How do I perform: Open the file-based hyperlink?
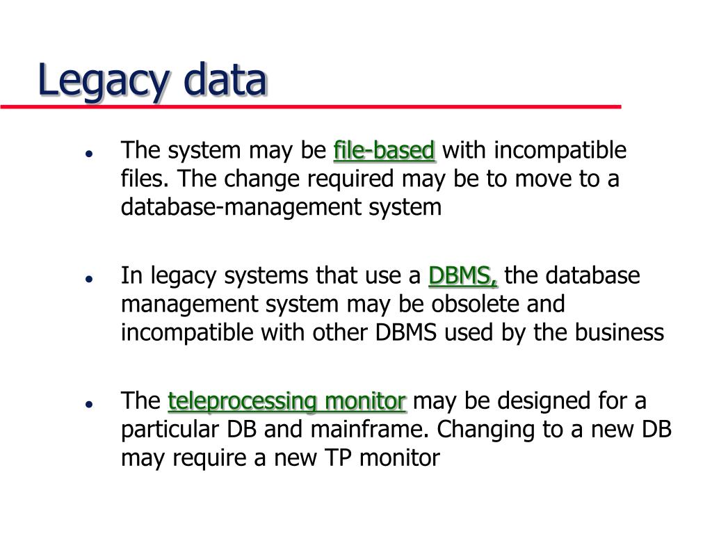tap(385, 150)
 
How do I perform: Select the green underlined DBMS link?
tap(463, 276)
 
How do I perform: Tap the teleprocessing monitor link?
tap(287, 401)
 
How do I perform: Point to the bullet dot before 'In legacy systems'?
tap(90, 278)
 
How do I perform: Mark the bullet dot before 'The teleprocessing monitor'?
tap(90, 403)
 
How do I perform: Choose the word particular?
tap(171, 430)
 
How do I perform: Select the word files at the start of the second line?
tap(143, 179)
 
